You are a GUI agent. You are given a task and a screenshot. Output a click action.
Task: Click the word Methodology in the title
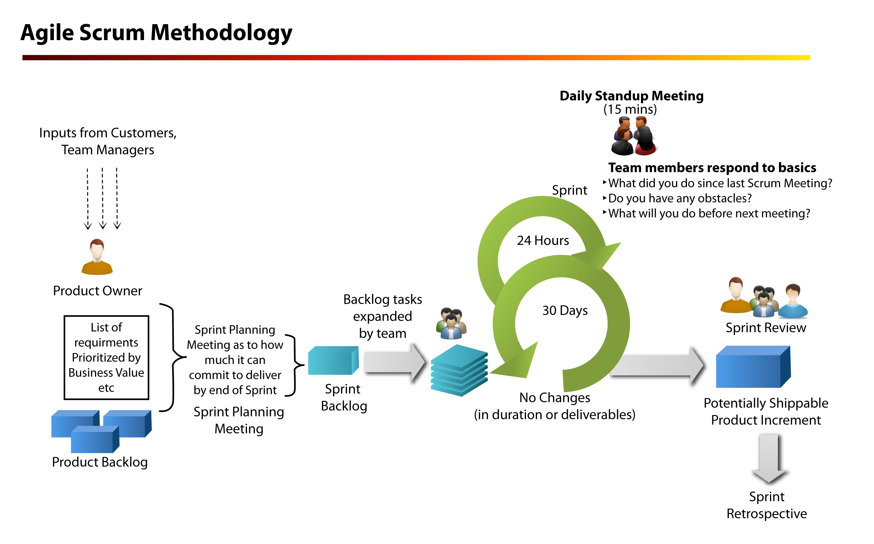click(221, 32)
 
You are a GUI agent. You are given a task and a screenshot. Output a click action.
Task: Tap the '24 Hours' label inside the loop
click(543, 240)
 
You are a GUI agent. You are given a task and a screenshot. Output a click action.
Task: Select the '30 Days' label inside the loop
click(565, 310)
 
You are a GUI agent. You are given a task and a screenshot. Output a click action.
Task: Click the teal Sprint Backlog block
click(333, 360)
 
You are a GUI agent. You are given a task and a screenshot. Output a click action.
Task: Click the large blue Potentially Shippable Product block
click(753, 367)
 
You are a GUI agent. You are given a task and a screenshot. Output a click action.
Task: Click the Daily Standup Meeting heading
click(632, 96)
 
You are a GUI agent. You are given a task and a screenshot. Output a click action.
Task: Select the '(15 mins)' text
click(630, 109)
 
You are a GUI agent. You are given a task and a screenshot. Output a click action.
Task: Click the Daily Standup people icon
click(634, 136)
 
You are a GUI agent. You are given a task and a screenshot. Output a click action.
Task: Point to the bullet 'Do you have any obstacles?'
click(679, 198)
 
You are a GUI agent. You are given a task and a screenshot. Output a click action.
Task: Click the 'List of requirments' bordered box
click(106, 357)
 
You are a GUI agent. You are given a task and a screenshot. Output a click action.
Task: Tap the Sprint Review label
click(766, 328)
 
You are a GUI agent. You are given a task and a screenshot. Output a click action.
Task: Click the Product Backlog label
click(100, 462)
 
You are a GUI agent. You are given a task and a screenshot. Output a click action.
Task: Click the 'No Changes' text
click(555, 398)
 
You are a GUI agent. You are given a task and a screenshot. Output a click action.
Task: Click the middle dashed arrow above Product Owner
click(103, 198)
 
